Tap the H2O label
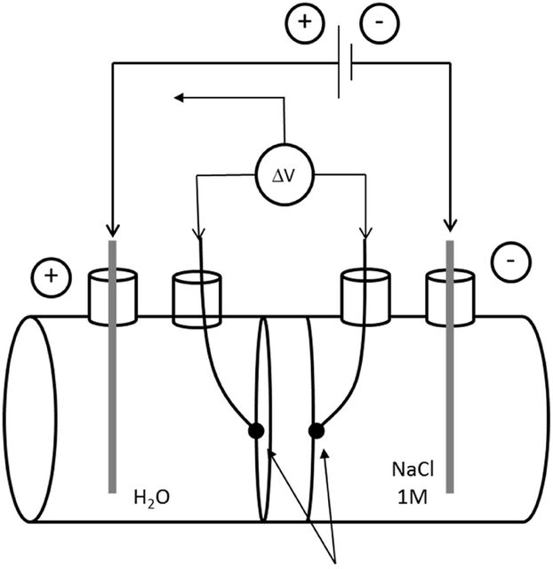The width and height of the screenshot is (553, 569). tap(152, 498)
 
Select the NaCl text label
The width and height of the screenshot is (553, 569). tap(413, 469)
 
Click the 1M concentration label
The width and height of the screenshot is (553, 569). tap(412, 498)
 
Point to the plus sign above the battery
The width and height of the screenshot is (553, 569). tap(305, 21)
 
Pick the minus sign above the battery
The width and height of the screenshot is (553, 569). tap(380, 22)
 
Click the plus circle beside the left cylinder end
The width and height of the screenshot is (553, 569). tap(52, 276)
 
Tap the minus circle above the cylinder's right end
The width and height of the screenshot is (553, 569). tap(511, 261)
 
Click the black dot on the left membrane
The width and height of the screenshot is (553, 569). tap(256, 430)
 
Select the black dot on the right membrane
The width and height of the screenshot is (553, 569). tap(317, 431)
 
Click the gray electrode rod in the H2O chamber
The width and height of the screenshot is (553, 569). tap(113, 366)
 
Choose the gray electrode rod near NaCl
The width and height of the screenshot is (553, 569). tap(450, 366)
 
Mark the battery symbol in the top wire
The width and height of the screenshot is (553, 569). tap(345, 62)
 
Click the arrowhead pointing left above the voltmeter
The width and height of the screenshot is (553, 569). tap(179, 98)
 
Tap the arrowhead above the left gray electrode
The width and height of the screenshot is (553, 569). tap(113, 230)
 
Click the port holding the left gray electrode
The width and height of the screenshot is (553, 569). tap(113, 297)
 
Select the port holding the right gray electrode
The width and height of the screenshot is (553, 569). tap(450, 298)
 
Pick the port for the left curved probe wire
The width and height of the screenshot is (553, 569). tap(196, 299)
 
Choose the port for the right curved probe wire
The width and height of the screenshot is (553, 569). tap(365, 297)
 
